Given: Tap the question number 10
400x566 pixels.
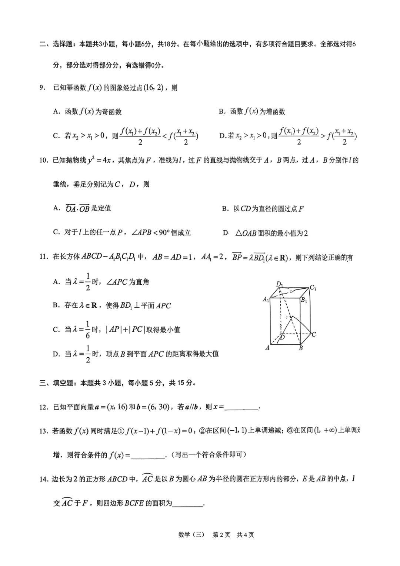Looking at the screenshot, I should [44, 160].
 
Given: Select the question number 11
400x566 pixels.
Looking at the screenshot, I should [44, 257].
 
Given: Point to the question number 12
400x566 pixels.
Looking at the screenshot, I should [44, 407].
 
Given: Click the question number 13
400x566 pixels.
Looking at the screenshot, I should [44, 431].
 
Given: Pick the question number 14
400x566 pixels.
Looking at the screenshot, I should [44, 479].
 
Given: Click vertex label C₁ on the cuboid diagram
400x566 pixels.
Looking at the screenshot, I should [313, 287].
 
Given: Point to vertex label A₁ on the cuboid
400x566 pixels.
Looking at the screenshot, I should [266, 299].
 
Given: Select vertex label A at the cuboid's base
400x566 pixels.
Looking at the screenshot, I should [267, 348].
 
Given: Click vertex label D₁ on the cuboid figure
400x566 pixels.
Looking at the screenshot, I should [280, 285].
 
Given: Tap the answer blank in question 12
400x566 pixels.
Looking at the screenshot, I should [241, 408].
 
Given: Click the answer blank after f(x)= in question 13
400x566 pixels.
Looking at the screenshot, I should [148, 456].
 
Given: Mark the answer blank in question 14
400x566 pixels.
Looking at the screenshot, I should [188, 504].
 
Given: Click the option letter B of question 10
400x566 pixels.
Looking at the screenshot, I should [225, 209].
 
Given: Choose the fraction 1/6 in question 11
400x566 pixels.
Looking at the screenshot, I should [88, 330].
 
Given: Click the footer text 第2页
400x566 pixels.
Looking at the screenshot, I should [221, 535].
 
